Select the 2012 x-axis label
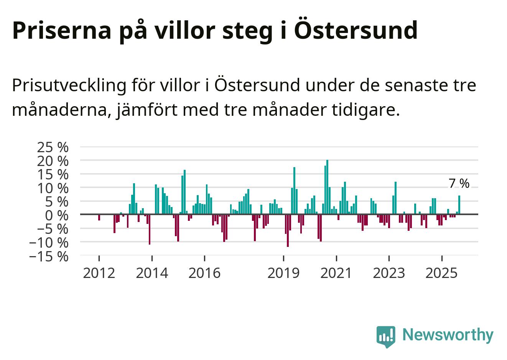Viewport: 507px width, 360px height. pos(99,273)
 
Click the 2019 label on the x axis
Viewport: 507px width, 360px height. pos(283,273)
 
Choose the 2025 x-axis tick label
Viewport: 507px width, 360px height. pos(442,273)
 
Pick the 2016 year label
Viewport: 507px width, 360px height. pos(204,273)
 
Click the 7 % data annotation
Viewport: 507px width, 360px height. pos(459,184)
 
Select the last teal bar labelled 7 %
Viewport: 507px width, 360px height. pos(459,205)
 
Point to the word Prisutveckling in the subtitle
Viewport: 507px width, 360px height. pos(69,85)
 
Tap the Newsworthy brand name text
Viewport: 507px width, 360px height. pos(448,335)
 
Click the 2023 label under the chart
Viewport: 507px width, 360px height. pos(389,273)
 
